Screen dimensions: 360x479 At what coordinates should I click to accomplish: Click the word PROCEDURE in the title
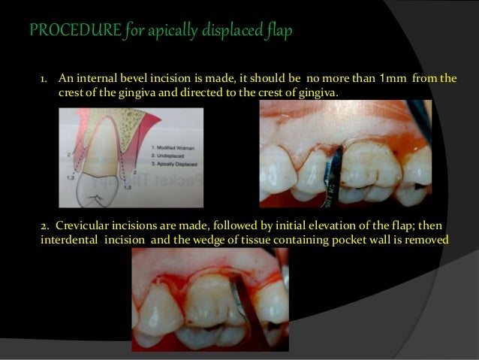pyautogui.click(x=58, y=32)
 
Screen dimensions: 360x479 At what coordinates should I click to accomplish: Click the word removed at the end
pyautogui.click(x=427, y=240)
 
